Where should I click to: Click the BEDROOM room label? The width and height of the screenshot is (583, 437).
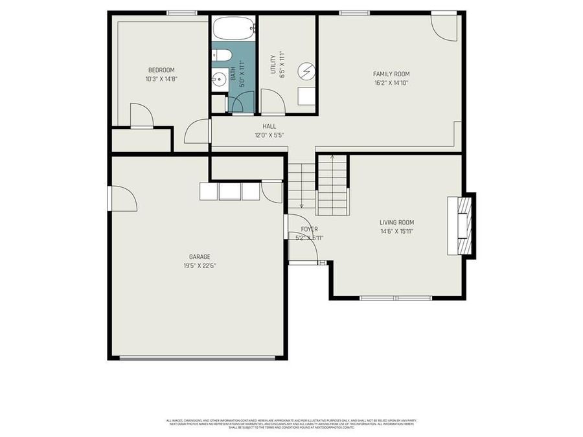161,70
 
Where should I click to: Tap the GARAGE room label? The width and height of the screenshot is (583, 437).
200,256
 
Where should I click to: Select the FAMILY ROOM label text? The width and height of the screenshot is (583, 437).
391,74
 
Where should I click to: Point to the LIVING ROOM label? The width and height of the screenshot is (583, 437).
396,223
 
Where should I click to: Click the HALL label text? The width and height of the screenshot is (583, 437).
269,126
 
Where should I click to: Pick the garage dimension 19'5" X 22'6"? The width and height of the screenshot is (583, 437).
200,265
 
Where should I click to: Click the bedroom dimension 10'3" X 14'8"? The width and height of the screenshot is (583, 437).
161,79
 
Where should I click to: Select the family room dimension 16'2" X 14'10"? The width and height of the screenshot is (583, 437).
391,83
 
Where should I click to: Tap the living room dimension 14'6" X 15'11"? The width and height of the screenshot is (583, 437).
396,232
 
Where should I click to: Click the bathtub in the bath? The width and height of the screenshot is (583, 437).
233,28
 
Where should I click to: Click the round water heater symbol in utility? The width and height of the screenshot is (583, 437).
306,71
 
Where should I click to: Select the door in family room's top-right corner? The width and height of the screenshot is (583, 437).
444,26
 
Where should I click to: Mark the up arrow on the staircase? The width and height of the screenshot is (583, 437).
332,157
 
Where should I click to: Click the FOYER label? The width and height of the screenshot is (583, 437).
309,229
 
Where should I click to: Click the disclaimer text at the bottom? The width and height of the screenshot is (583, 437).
291,423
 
